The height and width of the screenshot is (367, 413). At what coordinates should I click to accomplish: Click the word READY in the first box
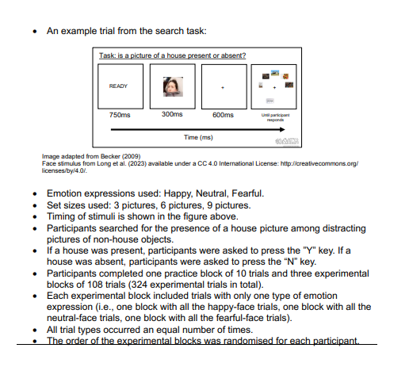117,85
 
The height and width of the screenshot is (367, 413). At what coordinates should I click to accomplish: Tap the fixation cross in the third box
224,86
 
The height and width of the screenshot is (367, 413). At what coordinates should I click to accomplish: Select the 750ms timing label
120,114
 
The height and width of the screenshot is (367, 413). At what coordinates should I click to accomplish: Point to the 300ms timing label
171,114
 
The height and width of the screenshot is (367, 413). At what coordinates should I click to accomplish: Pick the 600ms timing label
224,114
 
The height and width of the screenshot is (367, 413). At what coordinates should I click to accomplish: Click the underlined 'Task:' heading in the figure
109,55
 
